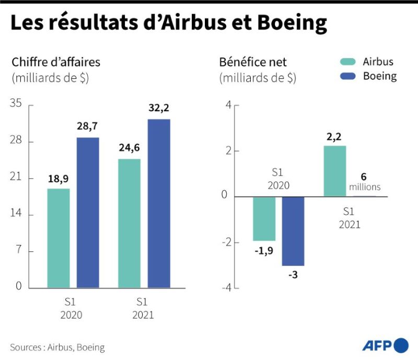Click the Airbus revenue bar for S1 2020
click(x=59, y=238)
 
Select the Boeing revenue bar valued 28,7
click(x=88, y=212)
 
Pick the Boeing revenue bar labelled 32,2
click(x=159, y=203)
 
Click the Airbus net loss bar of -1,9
click(x=264, y=218)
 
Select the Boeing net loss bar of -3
click(x=293, y=231)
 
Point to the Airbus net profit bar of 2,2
click(x=335, y=171)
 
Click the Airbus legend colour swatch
click(x=347, y=62)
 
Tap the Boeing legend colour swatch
click(x=347, y=76)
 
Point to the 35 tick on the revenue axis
click(x=16, y=104)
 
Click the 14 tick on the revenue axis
click(x=16, y=214)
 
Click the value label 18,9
click(x=58, y=179)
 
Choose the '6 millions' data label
click(x=364, y=181)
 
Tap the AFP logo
click(x=385, y=346)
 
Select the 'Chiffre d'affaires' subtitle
click(x=56, y=62)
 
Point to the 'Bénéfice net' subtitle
click(x=253, y=62)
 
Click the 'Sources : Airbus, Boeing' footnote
click(x=57, y=347)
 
